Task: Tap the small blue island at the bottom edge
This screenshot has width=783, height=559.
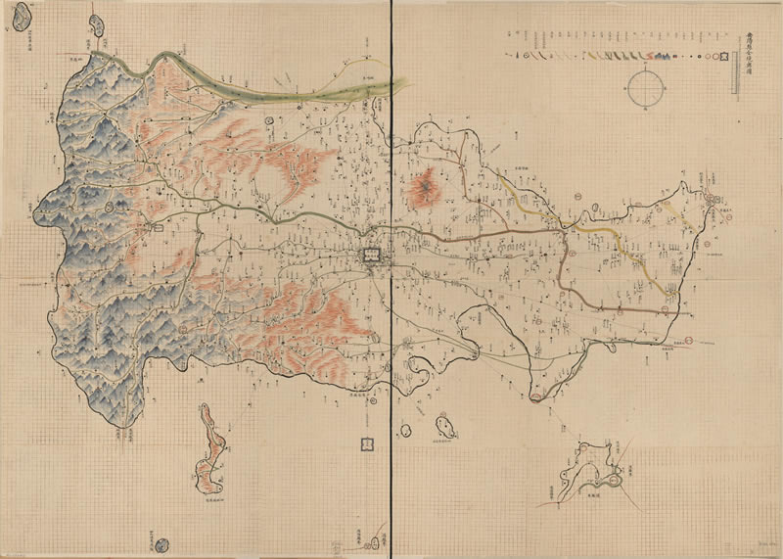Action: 161,541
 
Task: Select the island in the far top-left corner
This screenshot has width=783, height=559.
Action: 97,25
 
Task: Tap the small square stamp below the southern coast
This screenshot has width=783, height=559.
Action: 367,443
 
